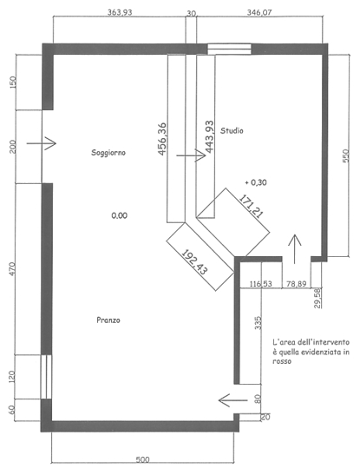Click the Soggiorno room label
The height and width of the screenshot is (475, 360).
pyautogui.click(x=108, y=153)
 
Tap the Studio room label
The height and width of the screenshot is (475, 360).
pyautogui.click(x=232, y=130)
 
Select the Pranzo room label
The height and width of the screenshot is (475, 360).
pyautogui.click(x=108, y=320)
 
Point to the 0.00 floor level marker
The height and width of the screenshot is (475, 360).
pyautogui.click(x=120, y=215)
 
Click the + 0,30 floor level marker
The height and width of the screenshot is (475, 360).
pyautogui.click(x=256, y=182)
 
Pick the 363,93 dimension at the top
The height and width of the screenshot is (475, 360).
pyautogui.click(x=120, y=12)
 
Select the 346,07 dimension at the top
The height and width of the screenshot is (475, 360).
pyautogui.click(x=259, y=12)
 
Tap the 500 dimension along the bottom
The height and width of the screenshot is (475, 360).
pyautogui.click(x=142, y=460)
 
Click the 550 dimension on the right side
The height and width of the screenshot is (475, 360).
pyautogui.click(x=345, y=155)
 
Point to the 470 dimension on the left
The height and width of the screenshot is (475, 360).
pyautogui.click(x=12, y=268)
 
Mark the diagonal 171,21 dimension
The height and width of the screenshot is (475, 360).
pyautogui.click(x=251, y=207)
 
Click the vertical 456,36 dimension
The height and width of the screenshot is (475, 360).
pyautogui.click(x=162, y=139)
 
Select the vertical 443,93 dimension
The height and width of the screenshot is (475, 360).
pyautogui.click(x=209, y=136)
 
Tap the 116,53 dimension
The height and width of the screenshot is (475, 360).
pyautogui.click(x=261, y=284)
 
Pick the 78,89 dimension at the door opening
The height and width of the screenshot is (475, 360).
pyautogui.click(x=296, y=284)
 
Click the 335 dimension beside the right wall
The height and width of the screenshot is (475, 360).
pyautogui.click(x=258, y=323)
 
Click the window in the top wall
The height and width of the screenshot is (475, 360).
pyautogui.click(x=229, y=49)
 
